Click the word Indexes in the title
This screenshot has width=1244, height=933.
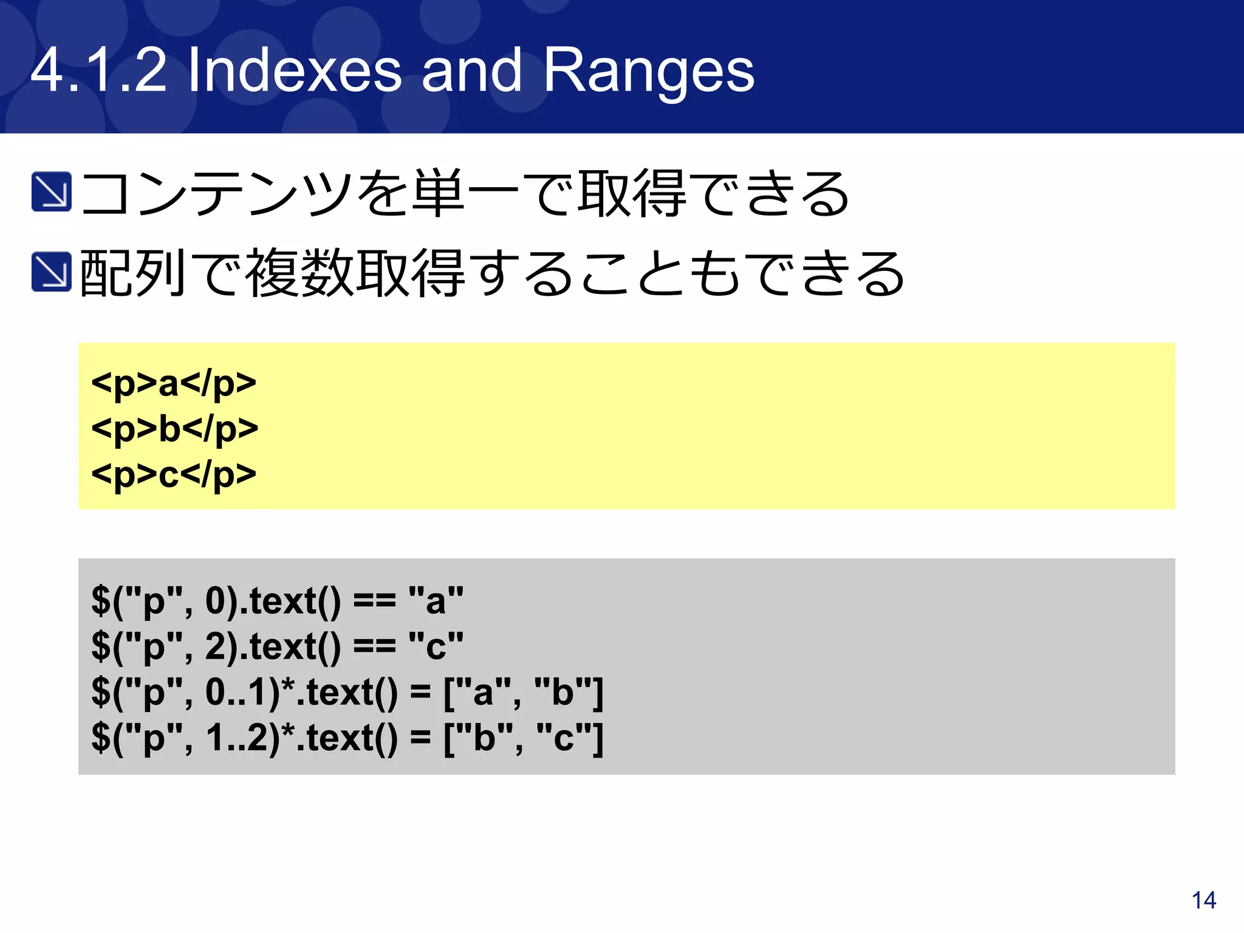point(294,71)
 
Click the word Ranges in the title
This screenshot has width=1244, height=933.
point(648,71)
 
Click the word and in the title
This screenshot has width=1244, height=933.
point(471,71)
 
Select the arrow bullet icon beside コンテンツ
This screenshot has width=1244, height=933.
point(52,192)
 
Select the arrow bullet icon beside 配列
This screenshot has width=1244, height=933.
point(52,272)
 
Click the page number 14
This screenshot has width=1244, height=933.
point(1203,900)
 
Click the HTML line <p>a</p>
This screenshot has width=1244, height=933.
point(174,384)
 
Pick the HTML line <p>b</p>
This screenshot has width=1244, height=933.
point(174,429)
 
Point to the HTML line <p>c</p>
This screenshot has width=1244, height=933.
point(174,474)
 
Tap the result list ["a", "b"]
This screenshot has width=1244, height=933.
point(523,692)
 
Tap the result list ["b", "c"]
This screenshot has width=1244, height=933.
point(523,737)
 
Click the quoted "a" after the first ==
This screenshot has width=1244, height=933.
point(436,601)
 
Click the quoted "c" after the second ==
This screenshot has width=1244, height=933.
point(436,646)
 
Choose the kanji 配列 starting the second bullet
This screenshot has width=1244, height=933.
point(132,273)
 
